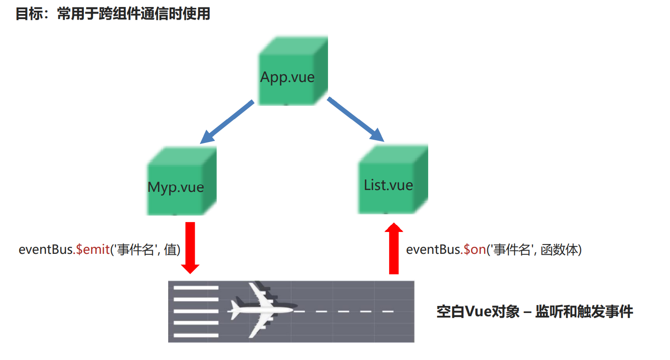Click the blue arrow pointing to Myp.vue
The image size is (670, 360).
click(x=227, y=122)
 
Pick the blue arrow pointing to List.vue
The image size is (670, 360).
click(x=355, y=119)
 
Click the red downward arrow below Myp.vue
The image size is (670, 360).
click(x=190, y=247)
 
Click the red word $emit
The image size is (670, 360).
click(x=92, y=250)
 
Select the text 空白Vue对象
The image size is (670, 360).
click(x=478, y=312)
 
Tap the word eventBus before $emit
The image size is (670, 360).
click(x=45, y=250)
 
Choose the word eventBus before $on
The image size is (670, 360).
click(x=433, y=250)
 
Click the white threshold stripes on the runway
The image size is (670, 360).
click(x=196, y=311)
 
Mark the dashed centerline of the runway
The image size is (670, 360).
click(x=345, y=311)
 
